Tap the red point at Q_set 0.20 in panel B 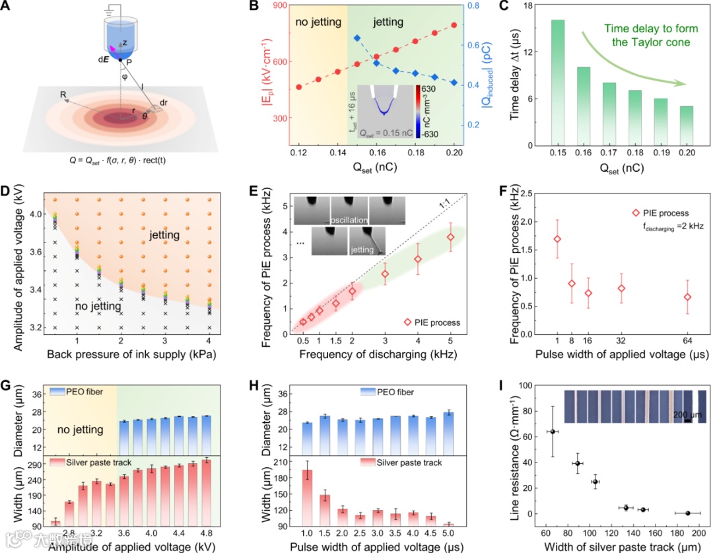(454, 25)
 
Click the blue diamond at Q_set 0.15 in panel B (356, 38)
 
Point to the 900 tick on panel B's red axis (277, 5)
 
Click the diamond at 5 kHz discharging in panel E (451, 237)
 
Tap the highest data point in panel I (553, 432)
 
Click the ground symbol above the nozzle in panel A (114, 9)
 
